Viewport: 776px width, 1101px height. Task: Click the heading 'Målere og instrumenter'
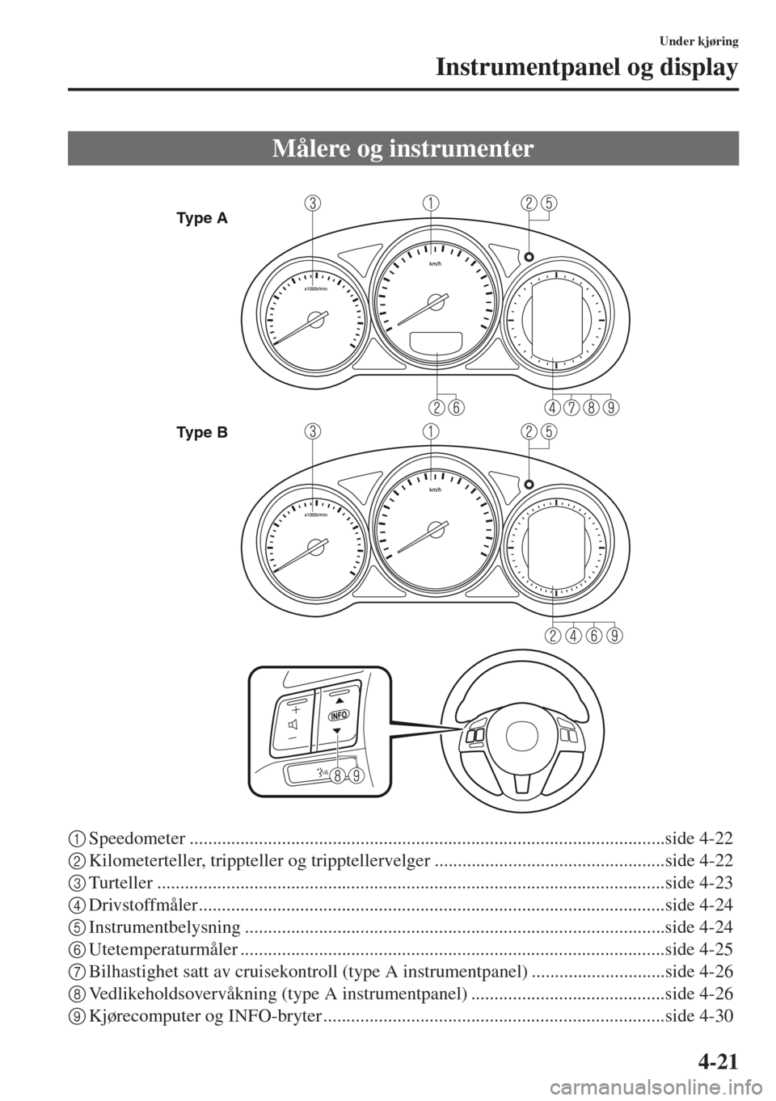tap(403, 149)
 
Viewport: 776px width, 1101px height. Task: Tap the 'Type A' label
tap(202, 219)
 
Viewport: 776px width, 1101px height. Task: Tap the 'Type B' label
tap(202, 433)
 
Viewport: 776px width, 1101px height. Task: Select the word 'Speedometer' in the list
tap(137, 838)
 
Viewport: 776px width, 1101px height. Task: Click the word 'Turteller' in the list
tap(121, 883)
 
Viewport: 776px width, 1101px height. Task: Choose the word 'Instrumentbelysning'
tap(165, 927)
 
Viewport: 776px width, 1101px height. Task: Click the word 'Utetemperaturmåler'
tap(164, 950)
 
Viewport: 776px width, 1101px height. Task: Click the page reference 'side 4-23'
tap(698, 883)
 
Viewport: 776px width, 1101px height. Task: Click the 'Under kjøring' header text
tap(698, 42)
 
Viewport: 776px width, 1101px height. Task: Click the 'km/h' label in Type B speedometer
tap(435, 490)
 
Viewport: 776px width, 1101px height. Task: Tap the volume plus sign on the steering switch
tap(294, 710)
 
